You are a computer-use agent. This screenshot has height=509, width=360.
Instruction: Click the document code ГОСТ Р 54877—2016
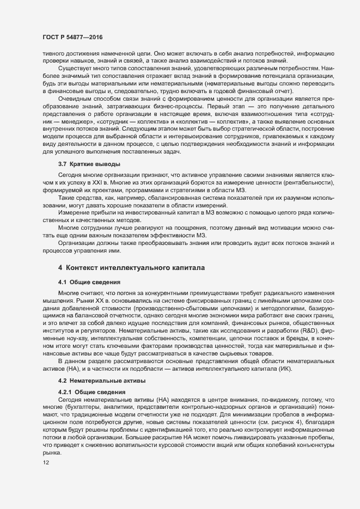(x=72, y=38)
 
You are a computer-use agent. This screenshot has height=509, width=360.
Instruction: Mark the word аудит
(x=242, y=242)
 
